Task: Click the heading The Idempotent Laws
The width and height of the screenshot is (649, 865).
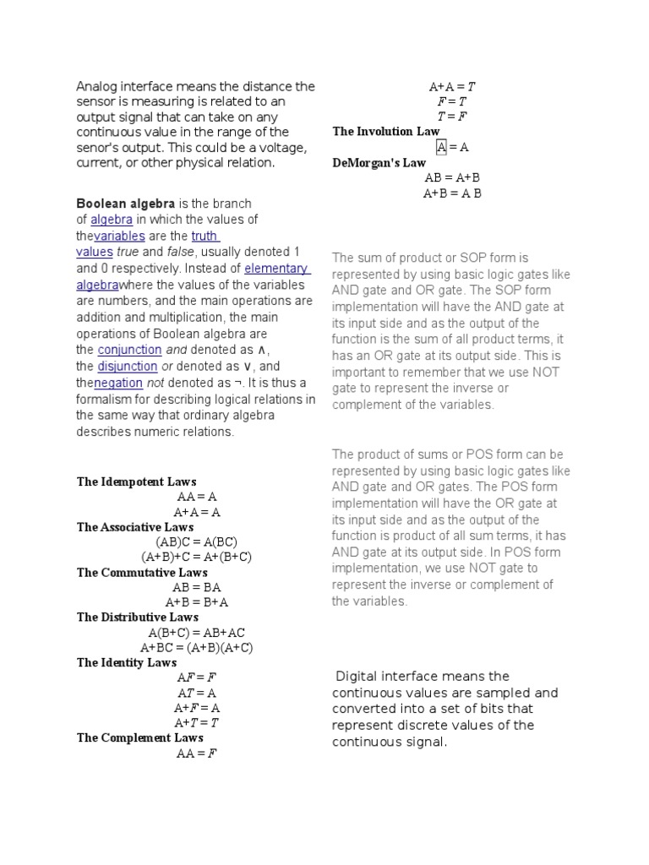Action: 136,481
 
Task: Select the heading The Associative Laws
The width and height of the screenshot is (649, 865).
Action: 135,527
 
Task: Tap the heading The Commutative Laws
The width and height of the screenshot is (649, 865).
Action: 142,572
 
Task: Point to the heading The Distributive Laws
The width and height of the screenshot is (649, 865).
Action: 138,617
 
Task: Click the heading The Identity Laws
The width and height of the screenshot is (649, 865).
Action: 127,662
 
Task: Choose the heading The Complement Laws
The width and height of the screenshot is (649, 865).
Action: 140,737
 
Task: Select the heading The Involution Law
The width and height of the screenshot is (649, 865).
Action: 386,131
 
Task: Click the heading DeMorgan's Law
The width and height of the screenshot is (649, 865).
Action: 379,162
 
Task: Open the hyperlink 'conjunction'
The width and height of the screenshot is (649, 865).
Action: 129,350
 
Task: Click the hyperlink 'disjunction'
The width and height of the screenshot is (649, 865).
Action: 128,367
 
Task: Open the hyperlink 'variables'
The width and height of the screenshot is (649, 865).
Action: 120,236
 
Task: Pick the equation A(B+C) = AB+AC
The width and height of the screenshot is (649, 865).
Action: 196,633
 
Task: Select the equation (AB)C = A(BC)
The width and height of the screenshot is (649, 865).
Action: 196,541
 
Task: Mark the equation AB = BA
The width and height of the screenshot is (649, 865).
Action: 196,587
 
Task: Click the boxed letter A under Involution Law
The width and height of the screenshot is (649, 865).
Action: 441,147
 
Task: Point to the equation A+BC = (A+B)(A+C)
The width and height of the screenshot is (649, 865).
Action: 196,648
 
